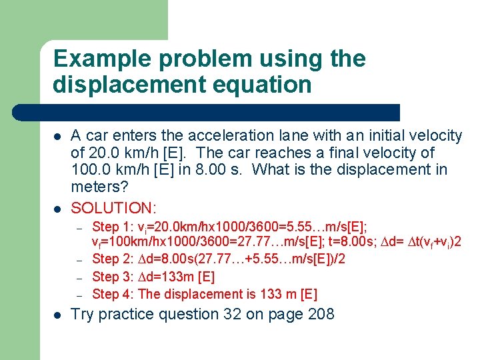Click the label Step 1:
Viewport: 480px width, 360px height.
click(x=110, y=227)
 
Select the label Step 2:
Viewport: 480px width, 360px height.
click(x=110, y=259)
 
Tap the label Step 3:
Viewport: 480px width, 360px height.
click(x=110, y=277)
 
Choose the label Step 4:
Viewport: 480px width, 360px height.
click(x=110, y=294)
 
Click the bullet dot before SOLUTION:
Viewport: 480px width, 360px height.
click(x=58, y=208)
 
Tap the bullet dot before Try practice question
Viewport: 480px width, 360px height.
click(x=58, y=315)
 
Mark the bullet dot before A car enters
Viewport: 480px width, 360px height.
click(x=58, y=137)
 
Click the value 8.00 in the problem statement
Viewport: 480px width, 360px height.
click(x=208, y=170)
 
